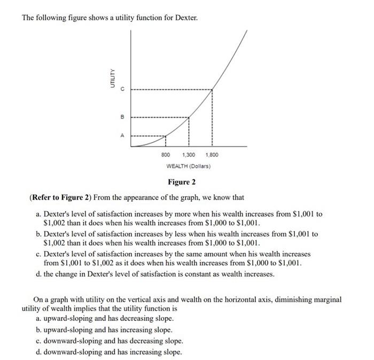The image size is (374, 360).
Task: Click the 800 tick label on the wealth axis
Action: tap(166, 155)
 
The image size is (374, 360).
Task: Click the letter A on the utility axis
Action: tap(122, 136)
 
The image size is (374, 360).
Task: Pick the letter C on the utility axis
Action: tap(122, 89)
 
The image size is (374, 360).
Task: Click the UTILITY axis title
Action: tap(112, 79)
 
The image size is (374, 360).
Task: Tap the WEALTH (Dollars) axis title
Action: tap(189, 166)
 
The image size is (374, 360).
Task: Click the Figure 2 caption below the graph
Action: tap(182, 182)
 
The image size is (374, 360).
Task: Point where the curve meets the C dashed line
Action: tap(212, 89)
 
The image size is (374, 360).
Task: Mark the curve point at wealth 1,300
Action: tap(189, 117)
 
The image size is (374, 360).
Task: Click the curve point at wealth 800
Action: tap(166, 136)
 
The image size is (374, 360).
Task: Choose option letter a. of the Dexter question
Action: tap(39, 214)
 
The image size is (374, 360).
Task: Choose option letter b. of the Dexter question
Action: tap(39, 234)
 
